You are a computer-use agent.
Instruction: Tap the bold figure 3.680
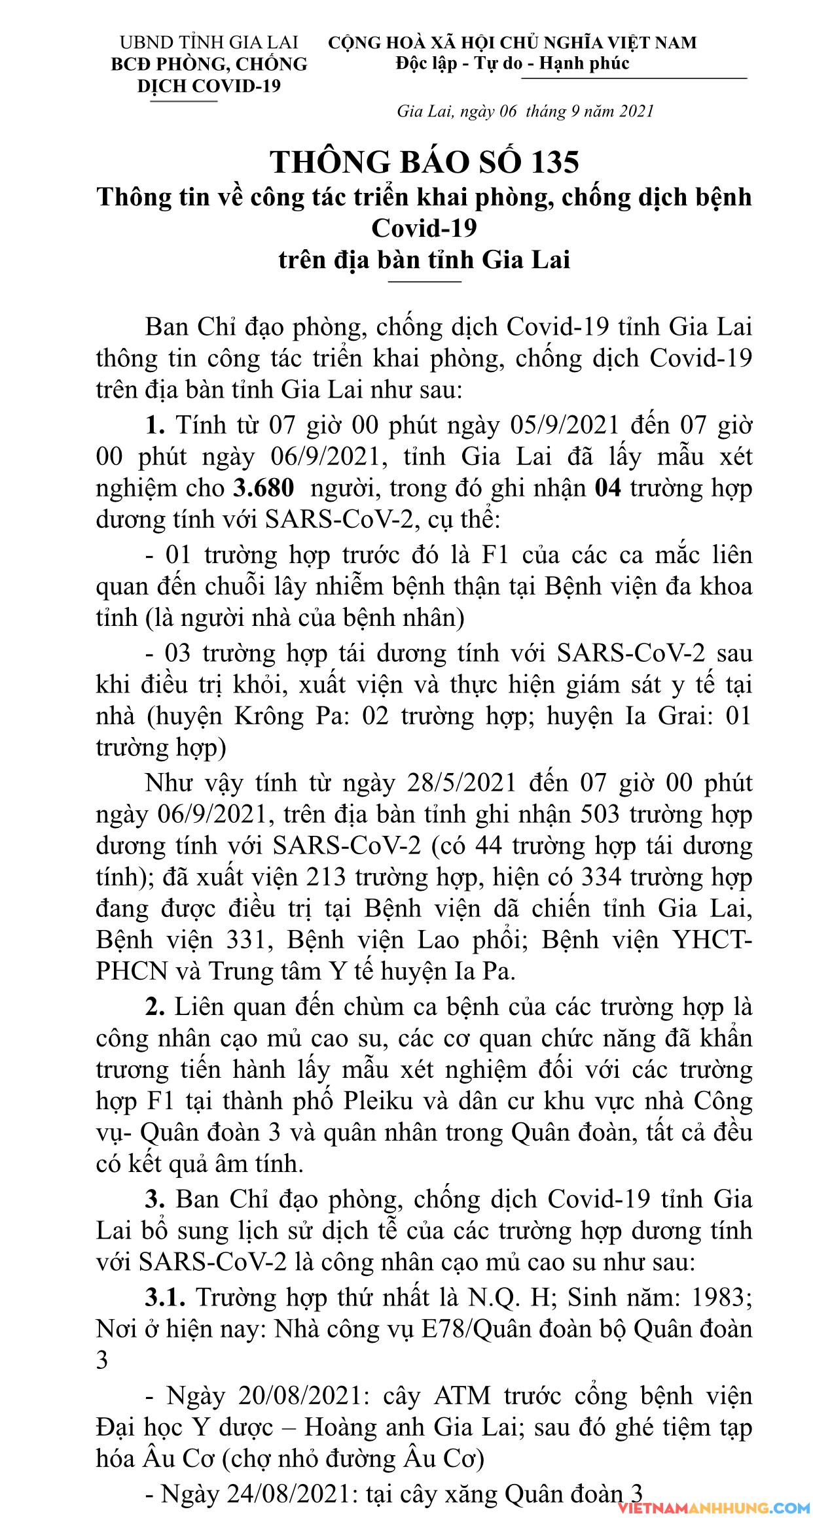pos(263,488)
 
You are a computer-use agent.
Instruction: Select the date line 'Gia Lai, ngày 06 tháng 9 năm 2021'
pos(525,111)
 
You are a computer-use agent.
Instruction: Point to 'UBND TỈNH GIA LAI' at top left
pos(209,43)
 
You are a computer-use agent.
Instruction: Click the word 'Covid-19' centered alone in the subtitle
pos(424,228)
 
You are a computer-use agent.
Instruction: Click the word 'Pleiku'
pos(378,1101)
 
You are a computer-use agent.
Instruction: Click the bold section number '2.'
pos(155,1007)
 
